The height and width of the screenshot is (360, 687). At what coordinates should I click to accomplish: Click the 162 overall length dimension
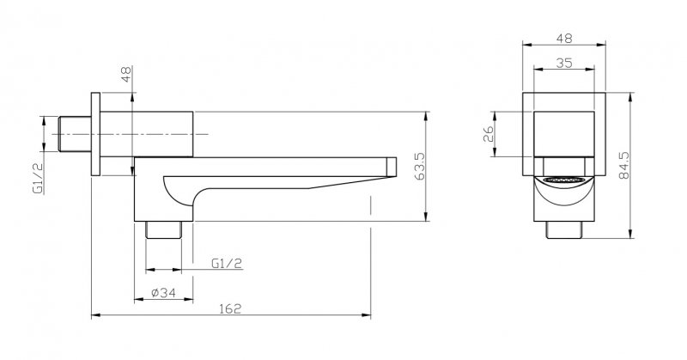(x=230, y=308)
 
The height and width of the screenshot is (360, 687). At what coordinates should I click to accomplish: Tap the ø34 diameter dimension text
(x=163, y=292)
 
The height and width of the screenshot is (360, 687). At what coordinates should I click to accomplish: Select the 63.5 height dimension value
(x=419, y=166)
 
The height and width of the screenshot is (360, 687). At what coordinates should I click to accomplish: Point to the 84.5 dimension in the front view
(x=623, y=165)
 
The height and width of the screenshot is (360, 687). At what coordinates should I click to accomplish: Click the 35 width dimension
(x=564, y=63)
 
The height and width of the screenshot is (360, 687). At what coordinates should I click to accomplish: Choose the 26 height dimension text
(x=488, y=134)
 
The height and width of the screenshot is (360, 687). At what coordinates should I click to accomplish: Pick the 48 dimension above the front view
(x=564, y=38)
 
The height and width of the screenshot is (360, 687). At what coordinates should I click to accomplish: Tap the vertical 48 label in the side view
(x=126, y=75)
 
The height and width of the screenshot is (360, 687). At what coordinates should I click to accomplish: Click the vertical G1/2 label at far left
(x=38, y=177)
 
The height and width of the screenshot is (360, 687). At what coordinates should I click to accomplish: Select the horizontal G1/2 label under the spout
(x=227, y=263)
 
